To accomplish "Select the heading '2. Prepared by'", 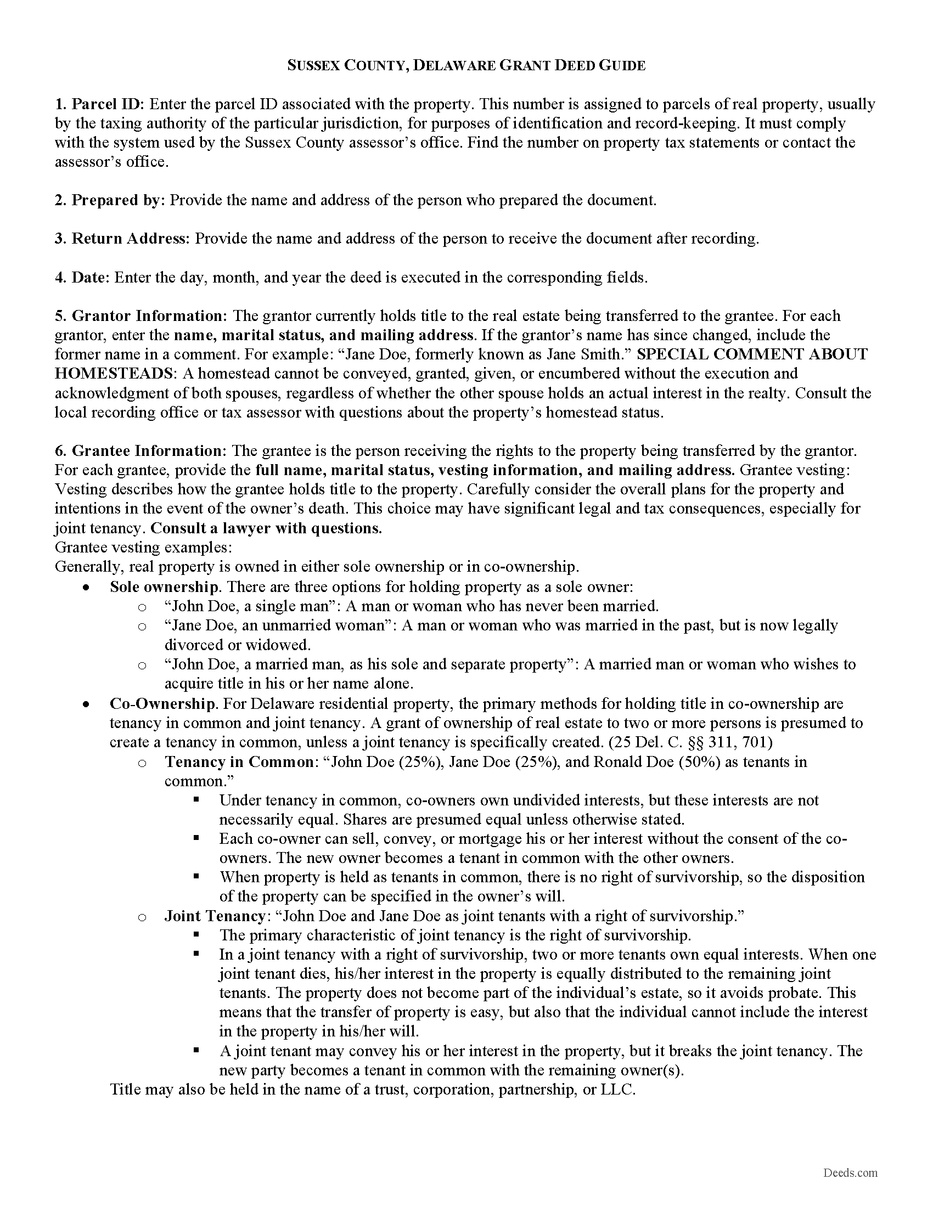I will (109, 200).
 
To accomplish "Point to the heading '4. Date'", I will (82, 278).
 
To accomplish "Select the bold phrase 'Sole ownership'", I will (164, 587).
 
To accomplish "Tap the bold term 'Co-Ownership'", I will (162, 704).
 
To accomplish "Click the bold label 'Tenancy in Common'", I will (239, 762).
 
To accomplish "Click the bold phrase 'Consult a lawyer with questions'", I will (266, 528).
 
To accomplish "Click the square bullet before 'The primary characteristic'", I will (196, 935).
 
